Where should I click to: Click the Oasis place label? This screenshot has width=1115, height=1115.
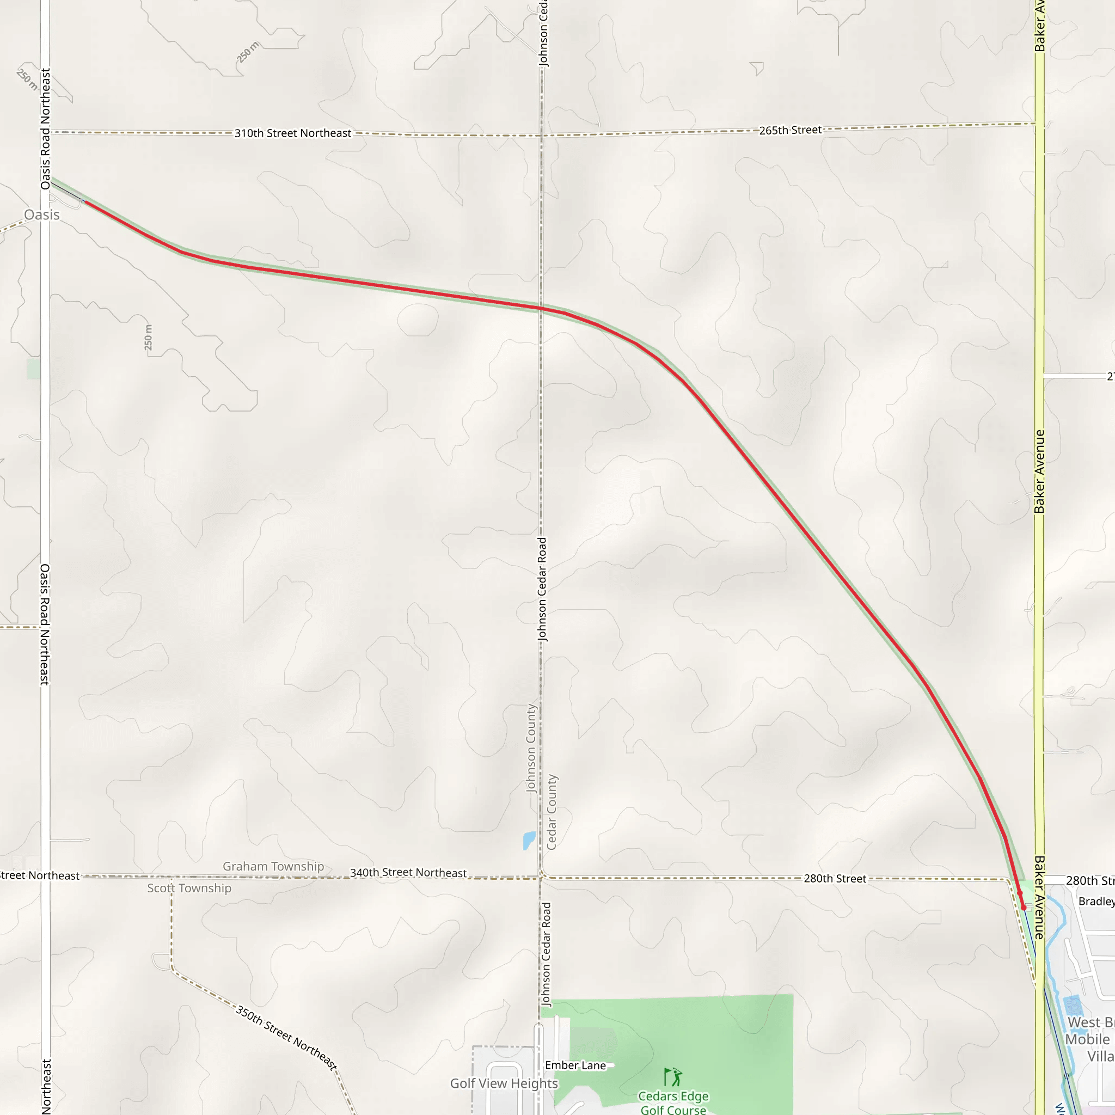tap(42, 215)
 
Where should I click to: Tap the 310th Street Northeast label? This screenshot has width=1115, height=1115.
tap(292, 133)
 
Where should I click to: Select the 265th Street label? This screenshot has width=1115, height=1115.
tap(790, 131)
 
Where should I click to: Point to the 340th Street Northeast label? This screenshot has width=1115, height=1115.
tap(408, 873)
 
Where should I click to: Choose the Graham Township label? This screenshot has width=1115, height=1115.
tap(273, 866)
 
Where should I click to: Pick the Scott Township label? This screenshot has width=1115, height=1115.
tap(189, 888)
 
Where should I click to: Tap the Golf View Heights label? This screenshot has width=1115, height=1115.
tap(504, 1083)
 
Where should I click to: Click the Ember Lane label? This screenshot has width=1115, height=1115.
tap(575, 1065)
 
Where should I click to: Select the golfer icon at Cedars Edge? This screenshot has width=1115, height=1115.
tap(673, 1076)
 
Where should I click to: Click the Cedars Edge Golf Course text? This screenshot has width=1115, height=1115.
tap(673, 1102)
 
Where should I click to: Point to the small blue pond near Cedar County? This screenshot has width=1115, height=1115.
tap(529, 840)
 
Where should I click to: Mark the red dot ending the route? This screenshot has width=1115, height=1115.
tap(1023, 907)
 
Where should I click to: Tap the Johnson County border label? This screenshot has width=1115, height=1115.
tap(531, 748)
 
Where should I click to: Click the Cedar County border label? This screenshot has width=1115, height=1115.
tap(552, 812)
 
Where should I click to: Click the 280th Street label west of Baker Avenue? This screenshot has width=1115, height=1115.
tap(835, 878)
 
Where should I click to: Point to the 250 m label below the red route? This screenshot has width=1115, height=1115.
tap(148, 338)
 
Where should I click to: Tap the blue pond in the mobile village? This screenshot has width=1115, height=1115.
tap(1073, 1006)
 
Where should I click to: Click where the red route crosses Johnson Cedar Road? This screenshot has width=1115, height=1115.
tap(541, 308)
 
